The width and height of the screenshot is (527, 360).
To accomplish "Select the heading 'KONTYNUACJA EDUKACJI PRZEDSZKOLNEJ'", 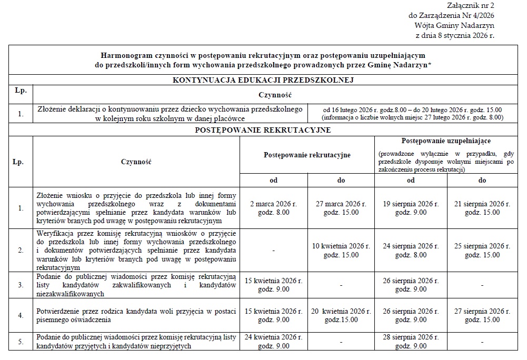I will (x=263, y=80).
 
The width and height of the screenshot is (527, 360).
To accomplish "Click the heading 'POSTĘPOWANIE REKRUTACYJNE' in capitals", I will (x=263, y=130).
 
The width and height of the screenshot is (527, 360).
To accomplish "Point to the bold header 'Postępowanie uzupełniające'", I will (x=446, y=142).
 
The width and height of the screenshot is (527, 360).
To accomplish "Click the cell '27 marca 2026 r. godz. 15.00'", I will (x=341, y=208).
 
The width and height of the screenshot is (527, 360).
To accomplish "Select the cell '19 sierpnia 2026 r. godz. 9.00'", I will (x=411, y=208).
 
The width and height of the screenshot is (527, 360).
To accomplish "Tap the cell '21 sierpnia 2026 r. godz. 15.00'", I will (x=482, y=208).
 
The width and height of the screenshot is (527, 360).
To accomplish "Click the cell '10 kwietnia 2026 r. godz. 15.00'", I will (x=341, y=251).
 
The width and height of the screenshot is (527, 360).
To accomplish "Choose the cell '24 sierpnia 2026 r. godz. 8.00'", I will (x=411, y=251).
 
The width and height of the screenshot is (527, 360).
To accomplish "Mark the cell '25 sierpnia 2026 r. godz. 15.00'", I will (x=482, y=251).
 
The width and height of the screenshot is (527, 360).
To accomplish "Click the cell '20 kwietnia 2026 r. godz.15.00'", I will (x=341, y=315).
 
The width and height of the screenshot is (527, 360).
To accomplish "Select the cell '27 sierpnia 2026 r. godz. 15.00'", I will (x=482, y=315).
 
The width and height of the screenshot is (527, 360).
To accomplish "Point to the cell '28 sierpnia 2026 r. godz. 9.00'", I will (x=411, y=341).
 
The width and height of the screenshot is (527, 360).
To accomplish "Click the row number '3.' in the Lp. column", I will (x=21, y=285).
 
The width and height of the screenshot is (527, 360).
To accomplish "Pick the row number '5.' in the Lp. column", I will (x=21, y=342).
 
